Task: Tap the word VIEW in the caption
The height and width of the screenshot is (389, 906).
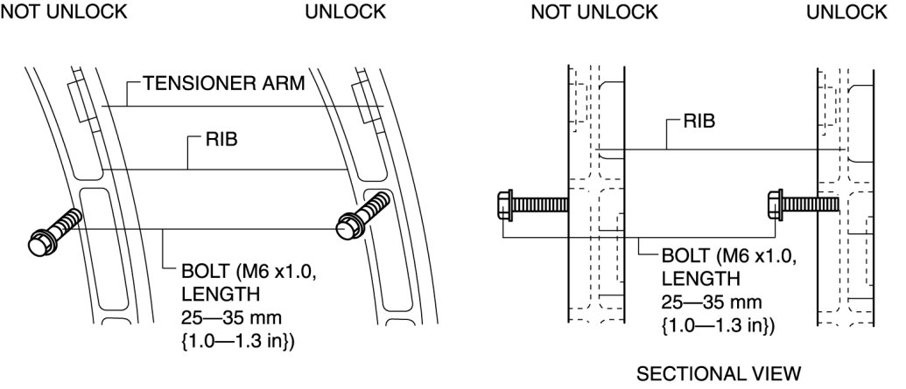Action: [x=773, y=374]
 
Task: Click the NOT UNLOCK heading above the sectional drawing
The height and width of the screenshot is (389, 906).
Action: [x=593, y=11]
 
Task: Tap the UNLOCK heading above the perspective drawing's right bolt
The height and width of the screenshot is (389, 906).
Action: [x=345, y=11]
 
